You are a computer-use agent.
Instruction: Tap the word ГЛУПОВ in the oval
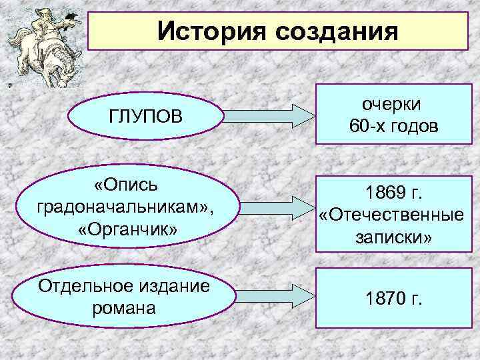(145, 117)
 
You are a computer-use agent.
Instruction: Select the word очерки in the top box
(393, 104)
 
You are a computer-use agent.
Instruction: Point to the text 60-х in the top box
(369, 126)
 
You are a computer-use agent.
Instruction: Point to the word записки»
(393, 237)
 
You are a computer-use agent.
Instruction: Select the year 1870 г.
(393, 297)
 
